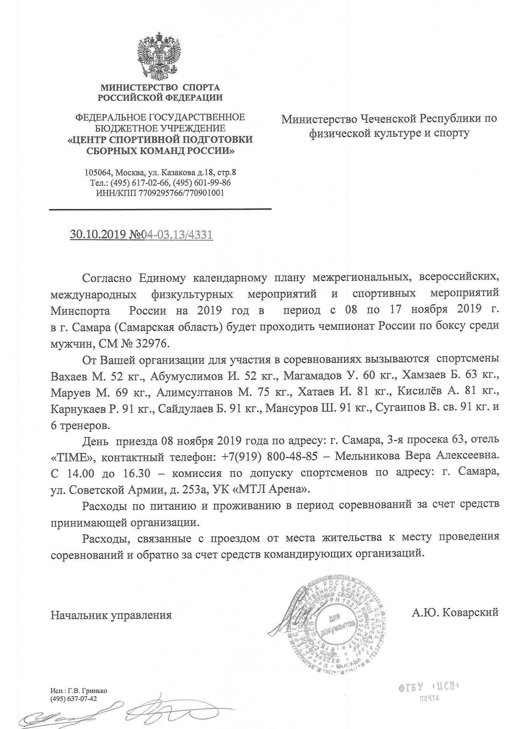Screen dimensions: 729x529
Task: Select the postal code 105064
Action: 96,173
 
